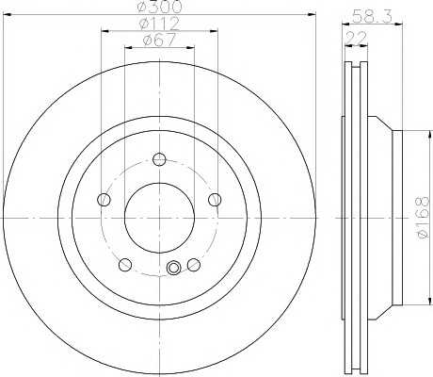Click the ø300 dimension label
[x=160, y=7]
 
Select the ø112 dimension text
[x=159, y=24]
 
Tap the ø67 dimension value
[x=159, y=41]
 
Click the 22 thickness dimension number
[x=356, y=39]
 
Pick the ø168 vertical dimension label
[x=423, y=218]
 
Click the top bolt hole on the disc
[x=159, y=159]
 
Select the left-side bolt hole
[x=104, y=200]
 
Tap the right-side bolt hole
[x=215, y=200]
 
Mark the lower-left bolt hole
[x=125, y=265]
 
